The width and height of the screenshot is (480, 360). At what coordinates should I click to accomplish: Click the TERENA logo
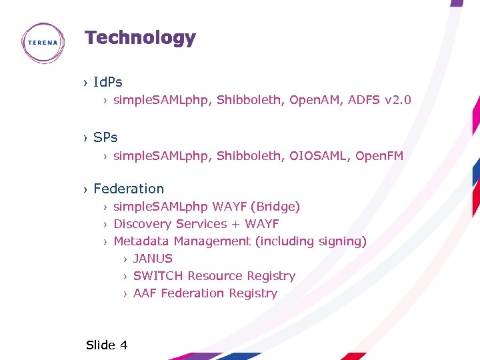pos(43,43)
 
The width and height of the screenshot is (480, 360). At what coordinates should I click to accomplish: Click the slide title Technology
pos(140,38)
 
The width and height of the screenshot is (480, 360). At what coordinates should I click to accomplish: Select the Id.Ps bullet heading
pos(108,83)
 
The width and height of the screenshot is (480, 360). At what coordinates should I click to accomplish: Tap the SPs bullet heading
pos(105,137)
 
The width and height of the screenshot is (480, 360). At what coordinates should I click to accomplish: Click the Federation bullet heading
pos(129,189)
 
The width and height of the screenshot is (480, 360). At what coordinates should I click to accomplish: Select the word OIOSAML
pos(319,156)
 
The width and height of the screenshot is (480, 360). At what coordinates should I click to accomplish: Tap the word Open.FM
pos(379,156)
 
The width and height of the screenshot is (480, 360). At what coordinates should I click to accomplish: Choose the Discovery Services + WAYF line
pos(196,224)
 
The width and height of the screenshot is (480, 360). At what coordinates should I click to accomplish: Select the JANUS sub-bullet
pos(153,259)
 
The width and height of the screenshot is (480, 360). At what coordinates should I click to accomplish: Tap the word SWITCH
pos(158,276)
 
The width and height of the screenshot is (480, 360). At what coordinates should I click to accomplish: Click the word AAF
pos(145,293)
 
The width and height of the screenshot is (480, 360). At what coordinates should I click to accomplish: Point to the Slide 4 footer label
pos(107,345)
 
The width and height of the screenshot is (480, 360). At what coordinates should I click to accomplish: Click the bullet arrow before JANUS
pos(125,259)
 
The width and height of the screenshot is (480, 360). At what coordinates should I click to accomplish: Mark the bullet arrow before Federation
pos(85,189)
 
